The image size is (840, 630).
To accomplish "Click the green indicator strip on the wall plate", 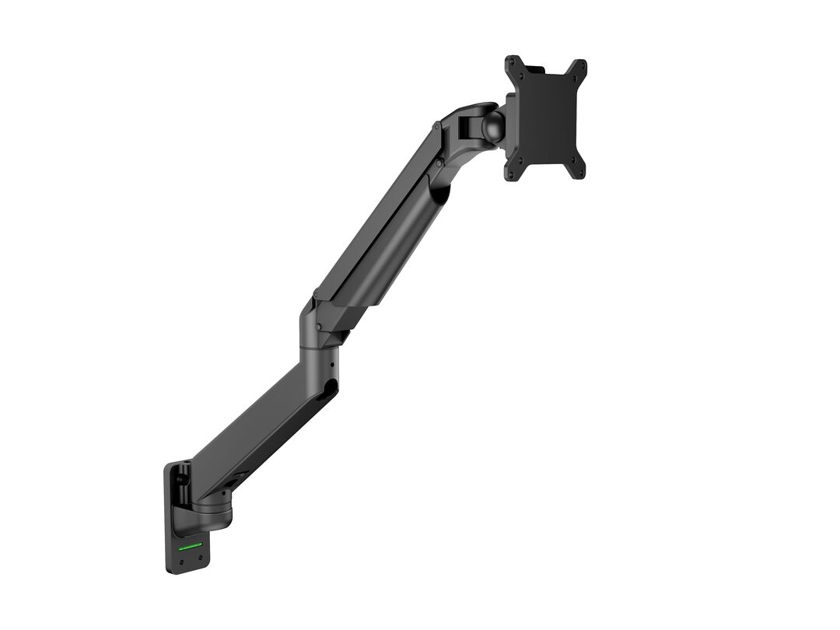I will tap(191, 545).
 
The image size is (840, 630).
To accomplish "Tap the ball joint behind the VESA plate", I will tap(492, 128).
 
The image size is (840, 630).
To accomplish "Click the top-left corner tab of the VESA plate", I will tap(514, 65).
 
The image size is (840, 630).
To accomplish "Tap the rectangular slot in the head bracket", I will tap(464, 124).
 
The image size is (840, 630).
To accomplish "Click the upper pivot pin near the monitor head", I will tap(437, 129).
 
